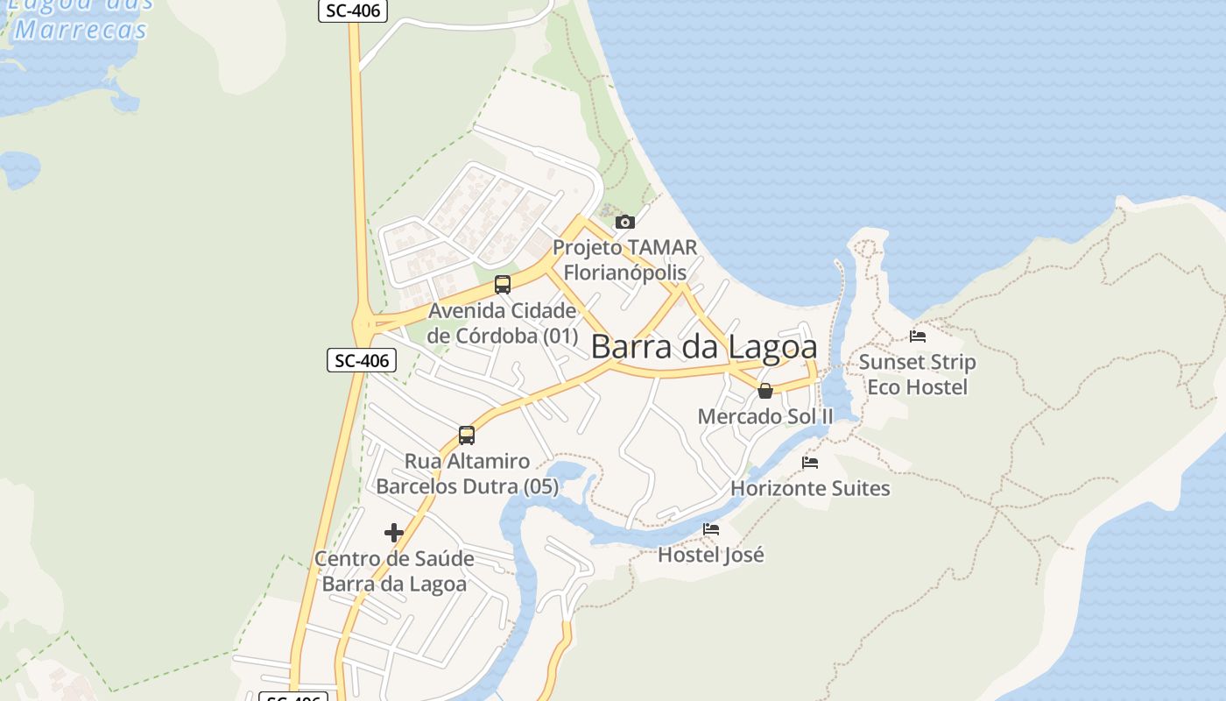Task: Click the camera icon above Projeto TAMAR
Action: pyautogui.click(x=624, y=223)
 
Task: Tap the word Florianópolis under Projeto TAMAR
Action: pyautogui.click(x=624, y=272)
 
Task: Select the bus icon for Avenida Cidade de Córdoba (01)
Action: pyautogui.click(x=502, y=285)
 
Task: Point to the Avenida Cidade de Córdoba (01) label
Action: pyautogui.click(x=503, y=323)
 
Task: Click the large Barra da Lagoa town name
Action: pyautogui.click(x=704, y=347)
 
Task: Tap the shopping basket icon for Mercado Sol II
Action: pyautogui.click(x=765, y=391)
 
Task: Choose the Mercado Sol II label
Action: pyautogui.click(x=765, y=416)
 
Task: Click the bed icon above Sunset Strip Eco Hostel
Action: pyautogui.click(x=918, y=336)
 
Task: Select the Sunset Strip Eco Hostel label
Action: pyautogui.click(x=917, y=374)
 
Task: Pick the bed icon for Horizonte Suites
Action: pyautogui.click(x=810, y=463)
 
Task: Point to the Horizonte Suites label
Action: pyautogui.click(x=810, y=488)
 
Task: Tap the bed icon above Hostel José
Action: pyautogui.click(x=711, y=529)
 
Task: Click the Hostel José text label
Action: pyautogui.click(x=711, y=555)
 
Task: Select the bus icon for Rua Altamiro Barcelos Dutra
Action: pyautogui.click(x=467, y=435)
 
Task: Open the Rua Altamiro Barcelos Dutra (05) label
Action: pyautogui.click(x=467, y=473)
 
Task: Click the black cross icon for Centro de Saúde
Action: pyautogui.click(x=394, y=533)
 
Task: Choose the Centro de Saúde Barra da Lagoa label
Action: pyautogui.click(x=394, y=571)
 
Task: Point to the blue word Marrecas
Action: pyautogui.click(x=81, y=31)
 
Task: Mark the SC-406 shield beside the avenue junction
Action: pyautogui.click(x=362, y=360)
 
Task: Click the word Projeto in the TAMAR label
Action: pyautogui.click(x=587, y=247)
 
